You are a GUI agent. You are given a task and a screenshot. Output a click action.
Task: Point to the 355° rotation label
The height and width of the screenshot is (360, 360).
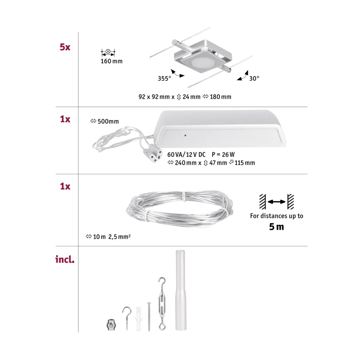164,78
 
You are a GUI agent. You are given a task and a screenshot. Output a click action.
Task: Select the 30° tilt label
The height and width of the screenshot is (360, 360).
254,78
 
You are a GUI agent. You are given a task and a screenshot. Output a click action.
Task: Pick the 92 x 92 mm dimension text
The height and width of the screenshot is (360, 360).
155,97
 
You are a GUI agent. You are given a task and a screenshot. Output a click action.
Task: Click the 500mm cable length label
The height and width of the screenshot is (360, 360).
105,122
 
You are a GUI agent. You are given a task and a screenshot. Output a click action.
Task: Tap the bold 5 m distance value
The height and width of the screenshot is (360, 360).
276,227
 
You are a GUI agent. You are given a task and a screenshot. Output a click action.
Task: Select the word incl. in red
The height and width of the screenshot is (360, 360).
65,260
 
